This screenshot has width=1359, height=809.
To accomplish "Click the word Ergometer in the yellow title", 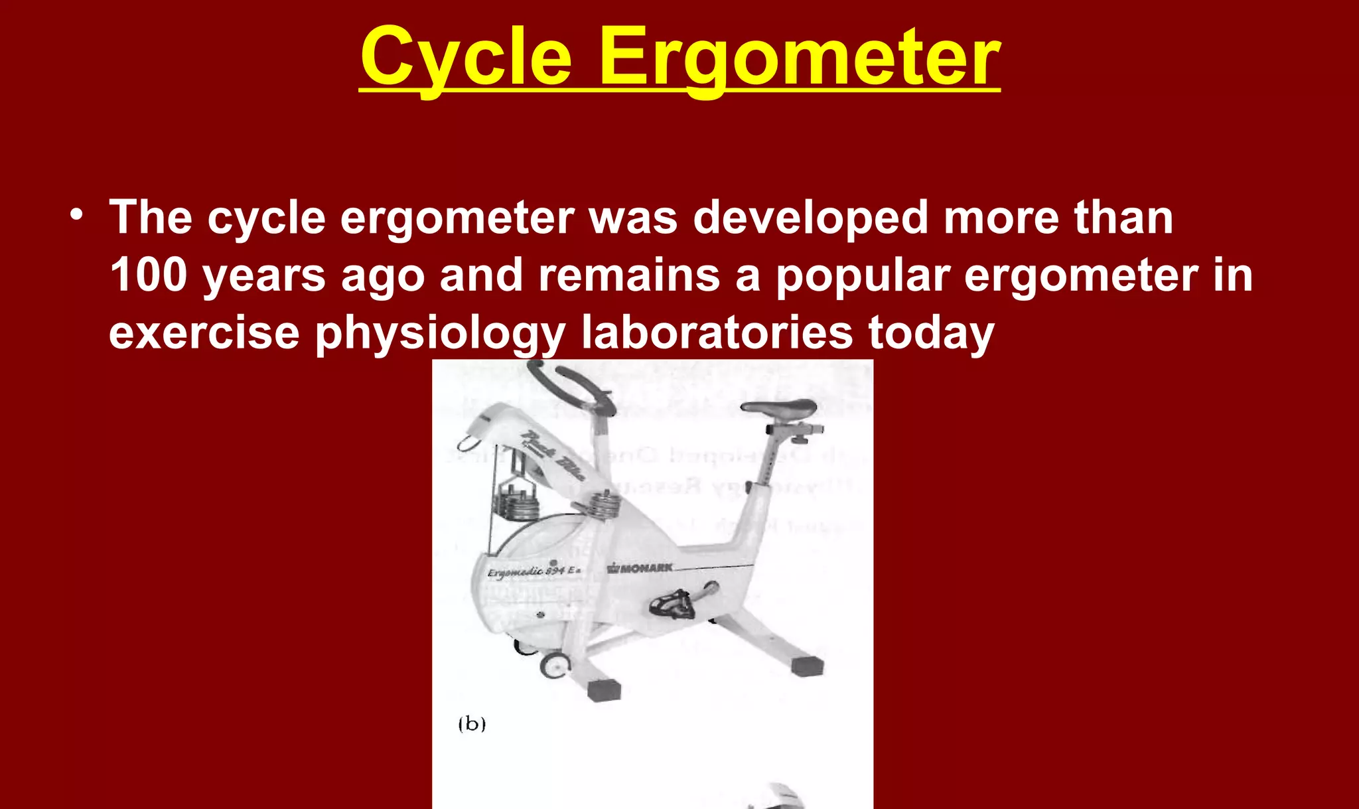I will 800,58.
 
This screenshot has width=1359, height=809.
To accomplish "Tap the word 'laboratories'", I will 717,332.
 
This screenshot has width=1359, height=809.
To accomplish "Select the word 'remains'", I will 628,275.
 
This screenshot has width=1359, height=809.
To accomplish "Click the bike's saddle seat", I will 780,407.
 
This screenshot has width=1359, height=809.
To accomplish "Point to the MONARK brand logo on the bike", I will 640,568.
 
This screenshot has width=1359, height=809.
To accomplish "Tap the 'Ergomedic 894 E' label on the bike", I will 534,571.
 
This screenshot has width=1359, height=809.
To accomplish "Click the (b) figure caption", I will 472,723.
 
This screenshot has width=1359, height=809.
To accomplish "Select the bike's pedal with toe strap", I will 672,603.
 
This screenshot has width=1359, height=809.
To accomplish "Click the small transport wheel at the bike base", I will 555,665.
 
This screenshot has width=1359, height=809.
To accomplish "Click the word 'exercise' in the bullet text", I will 204,332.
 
